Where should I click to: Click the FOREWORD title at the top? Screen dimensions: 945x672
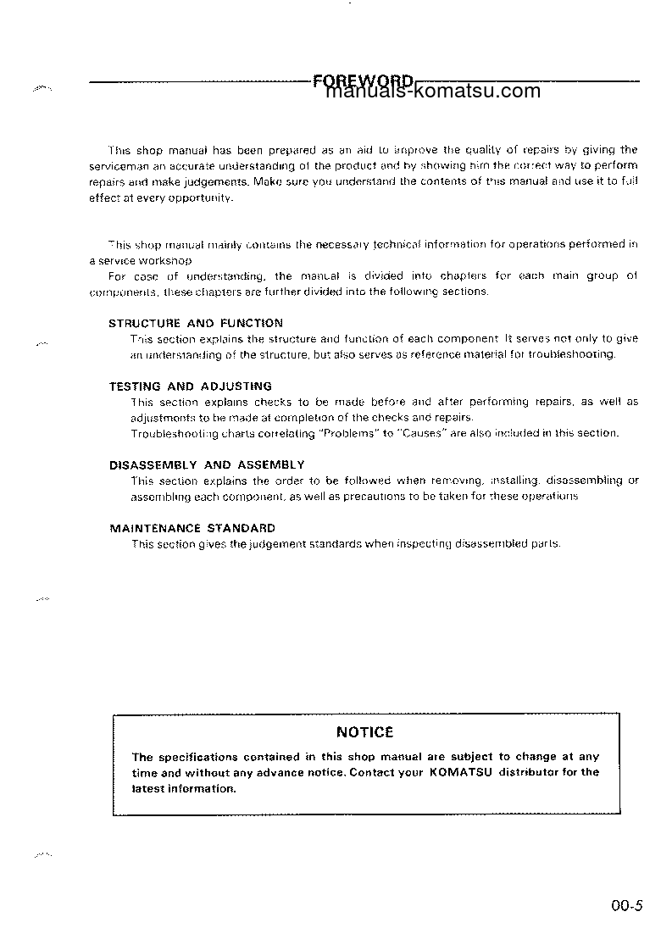pyautogui.click(x=363, y=81)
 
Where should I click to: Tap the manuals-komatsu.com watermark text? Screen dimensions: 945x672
pyautogui.click(x=433, y=92)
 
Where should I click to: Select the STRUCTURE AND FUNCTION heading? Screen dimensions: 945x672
pyautogui.click(x=196, y=323)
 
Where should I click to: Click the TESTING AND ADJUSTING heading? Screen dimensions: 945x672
pyautogui.click(x=191, y=386)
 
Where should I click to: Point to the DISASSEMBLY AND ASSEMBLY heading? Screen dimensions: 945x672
pyautogui.click(x=207, y=464)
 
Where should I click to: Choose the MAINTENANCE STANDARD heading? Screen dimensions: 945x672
pyautogui.click(x=192, y=527)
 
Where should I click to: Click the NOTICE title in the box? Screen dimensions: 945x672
pyautogui.click(x=365, y=732)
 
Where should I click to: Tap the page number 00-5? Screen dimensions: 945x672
pyautogui.click(x=627, y=905)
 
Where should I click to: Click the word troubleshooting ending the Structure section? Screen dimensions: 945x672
pyautogui.click(x=571, y=354)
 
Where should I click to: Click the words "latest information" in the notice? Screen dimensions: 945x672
pyautogui.click(x=184, y=788)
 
